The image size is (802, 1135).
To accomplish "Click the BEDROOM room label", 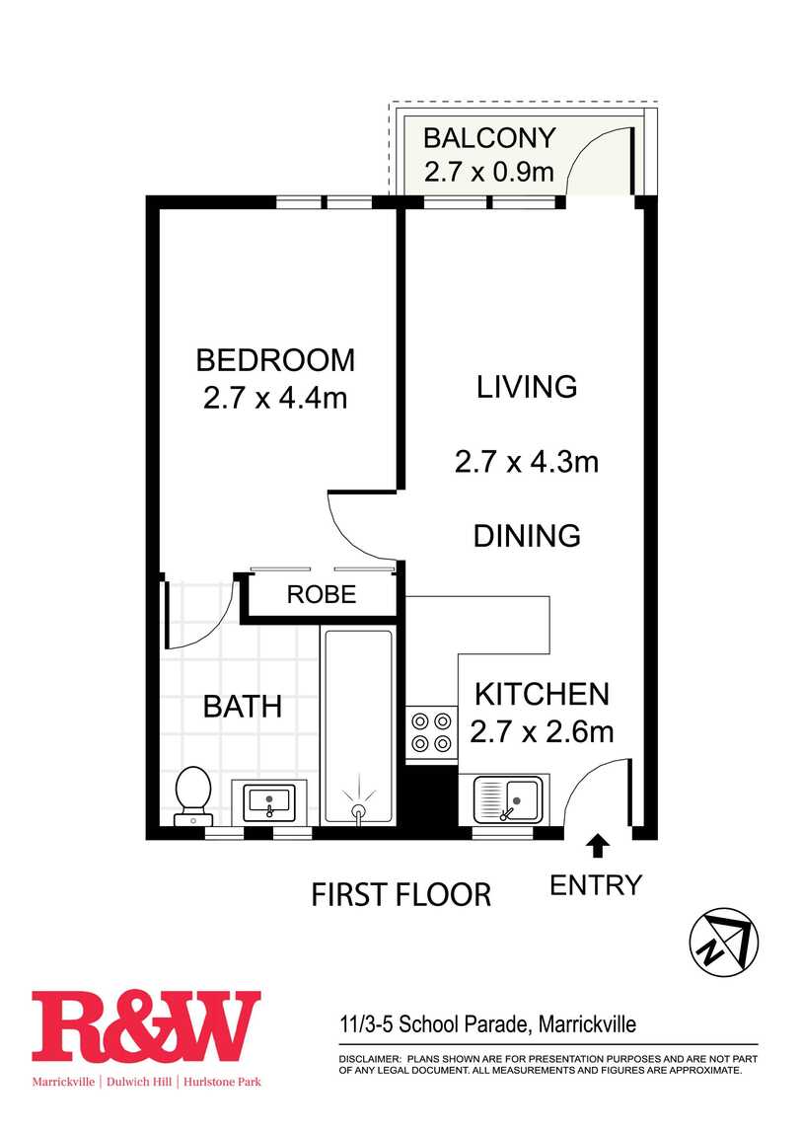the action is [275, 360].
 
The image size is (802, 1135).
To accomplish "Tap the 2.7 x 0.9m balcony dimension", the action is [489, 172].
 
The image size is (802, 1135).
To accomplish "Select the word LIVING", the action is [527, 387].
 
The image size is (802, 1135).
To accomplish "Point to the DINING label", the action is [527, 536].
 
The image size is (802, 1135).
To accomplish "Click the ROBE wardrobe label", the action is [322, 594].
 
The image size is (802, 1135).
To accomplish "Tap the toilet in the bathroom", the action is [193, 795].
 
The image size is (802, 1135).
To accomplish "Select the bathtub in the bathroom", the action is [358, 726].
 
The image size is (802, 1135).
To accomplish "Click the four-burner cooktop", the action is [431, 732].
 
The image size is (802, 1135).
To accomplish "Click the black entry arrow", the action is [598, 845].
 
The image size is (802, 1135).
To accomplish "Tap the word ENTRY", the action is [596, 885].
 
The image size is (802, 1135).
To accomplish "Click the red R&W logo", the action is [146, 1026].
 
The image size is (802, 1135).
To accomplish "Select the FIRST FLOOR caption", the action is [401, 895].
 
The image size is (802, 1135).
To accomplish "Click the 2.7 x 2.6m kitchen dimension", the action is [542, 731].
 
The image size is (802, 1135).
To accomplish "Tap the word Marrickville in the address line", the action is [588, 1024].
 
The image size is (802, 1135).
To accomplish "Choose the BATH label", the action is [243, 707].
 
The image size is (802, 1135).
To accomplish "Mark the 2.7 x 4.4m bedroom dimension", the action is [275, 398].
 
